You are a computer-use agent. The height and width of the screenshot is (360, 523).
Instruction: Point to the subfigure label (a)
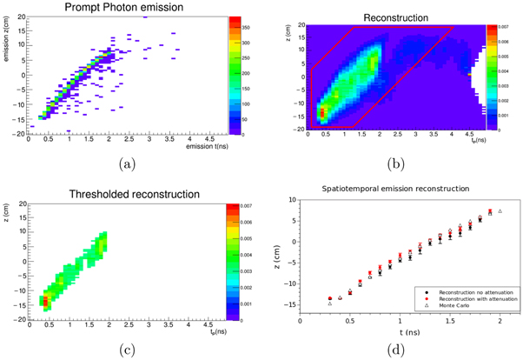click(123, 163)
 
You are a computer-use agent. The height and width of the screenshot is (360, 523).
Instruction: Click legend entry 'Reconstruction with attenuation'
click(473, 297)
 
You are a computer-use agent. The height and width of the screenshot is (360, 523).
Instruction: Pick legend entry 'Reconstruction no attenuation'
click(471, 290)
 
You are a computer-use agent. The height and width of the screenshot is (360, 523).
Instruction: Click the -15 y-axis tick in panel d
click(290, 304)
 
